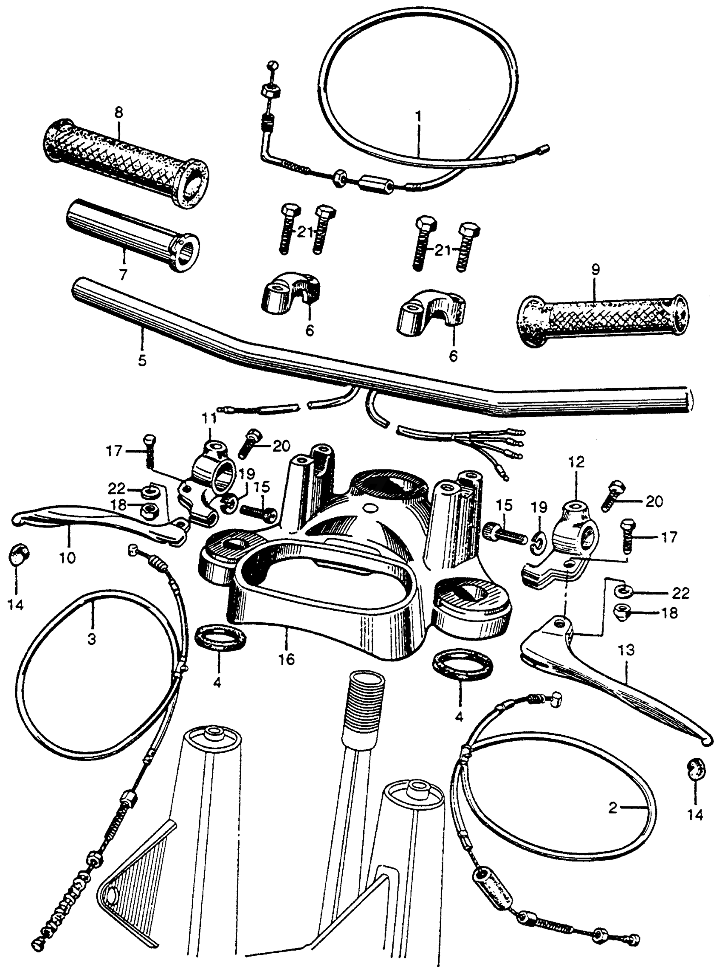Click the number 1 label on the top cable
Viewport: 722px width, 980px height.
coord(419,117)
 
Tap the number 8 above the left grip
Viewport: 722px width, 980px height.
coord(119,113)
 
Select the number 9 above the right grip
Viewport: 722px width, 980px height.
coord(596,270)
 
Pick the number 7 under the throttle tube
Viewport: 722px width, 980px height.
coord(123,274)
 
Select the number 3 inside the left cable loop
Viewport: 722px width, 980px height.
coord(91,639)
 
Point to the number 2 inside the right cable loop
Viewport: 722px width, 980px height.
coord(613,808)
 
